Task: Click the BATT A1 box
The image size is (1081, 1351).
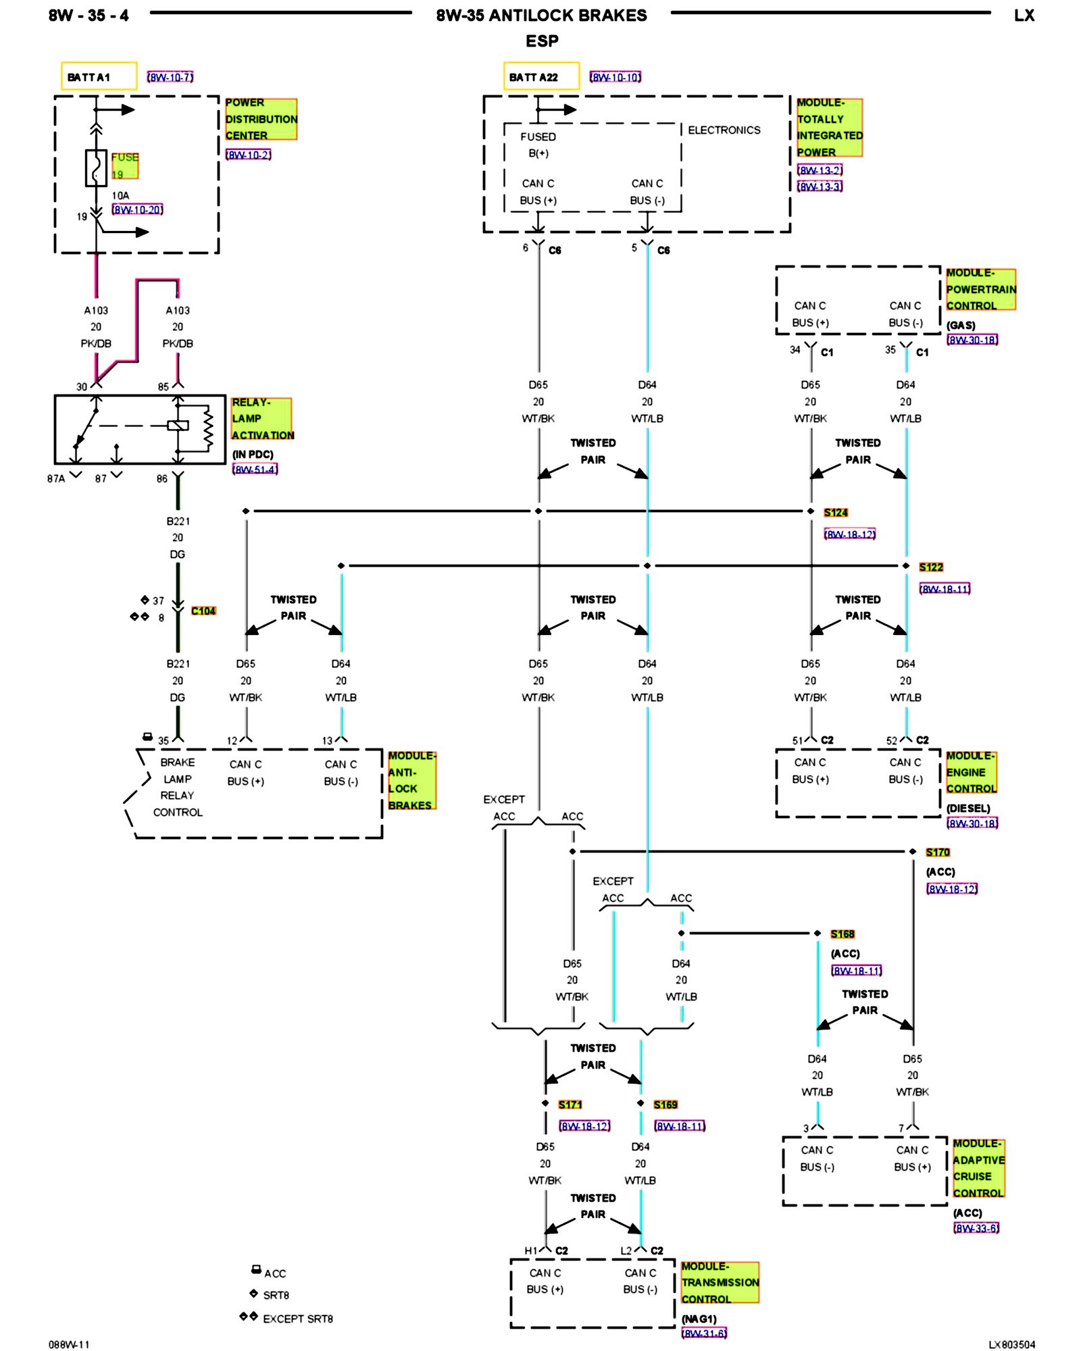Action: (x=99, y=76)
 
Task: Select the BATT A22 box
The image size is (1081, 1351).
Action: (x=541, y=76)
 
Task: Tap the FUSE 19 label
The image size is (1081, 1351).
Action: (x=125, y=165)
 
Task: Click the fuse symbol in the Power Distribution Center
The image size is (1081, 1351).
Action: (x=96, y=168)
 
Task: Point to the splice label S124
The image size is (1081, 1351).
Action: (x=836, y=513)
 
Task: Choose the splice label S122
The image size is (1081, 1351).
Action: (x=931, y=567)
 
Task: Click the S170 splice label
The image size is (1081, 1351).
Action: (x=938, y=852)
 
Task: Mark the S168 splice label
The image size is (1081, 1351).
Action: (x=843, y=934)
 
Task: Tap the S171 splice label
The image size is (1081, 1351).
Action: (x=570, y=1104)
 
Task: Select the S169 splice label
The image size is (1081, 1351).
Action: (x=665, y=1104)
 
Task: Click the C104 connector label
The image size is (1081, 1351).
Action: (x=203, y=611)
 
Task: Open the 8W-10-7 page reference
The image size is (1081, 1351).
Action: (x=170, y=78)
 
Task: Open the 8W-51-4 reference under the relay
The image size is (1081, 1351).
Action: (x=255, y=469)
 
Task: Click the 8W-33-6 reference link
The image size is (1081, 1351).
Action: (x=976, y=1228)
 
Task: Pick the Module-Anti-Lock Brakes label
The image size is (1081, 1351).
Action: (x=411, y=780)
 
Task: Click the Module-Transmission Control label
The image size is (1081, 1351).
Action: (x=720, y=1282)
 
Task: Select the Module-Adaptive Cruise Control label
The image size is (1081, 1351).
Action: (x=978, y=1168)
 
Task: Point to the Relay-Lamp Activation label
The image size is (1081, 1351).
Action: (x=262, y=419)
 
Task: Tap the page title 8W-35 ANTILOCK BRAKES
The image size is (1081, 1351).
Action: (x=541, y=16)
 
